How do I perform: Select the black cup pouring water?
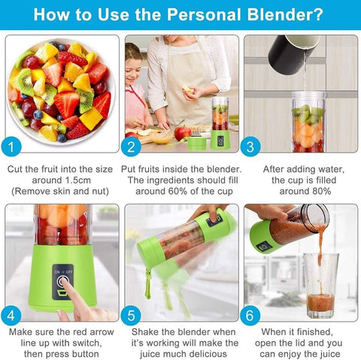tap(290, 49)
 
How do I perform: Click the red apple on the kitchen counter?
tap(181, 134)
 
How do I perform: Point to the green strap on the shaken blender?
tap(147, 286)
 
